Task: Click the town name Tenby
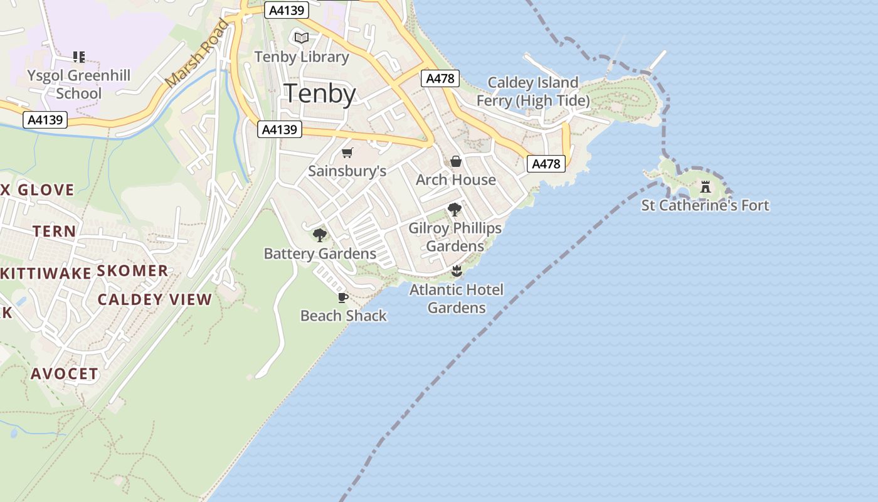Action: (320, 93)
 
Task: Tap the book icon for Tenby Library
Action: (302, 38)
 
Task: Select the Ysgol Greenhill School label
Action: (78, 85)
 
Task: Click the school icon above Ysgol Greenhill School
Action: (78, 57)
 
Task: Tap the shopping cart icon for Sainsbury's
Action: (347, 152)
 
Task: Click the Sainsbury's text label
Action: (347, 171)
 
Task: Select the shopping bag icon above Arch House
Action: (456, 161)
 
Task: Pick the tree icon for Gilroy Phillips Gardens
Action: (455, 210)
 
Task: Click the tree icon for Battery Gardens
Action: (320, 235)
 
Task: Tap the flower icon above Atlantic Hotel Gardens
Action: (457, 271)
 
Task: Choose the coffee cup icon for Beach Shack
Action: (342, 297)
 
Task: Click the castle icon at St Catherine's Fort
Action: (706, 186)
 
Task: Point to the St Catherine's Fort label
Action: (705, 205)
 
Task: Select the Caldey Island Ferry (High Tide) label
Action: (532, 92)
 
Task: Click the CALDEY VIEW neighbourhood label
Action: (155, 299)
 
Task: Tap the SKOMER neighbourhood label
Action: (132, 271)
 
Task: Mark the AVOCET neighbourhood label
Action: (65, 374)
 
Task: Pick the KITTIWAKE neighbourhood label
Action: (46, 273)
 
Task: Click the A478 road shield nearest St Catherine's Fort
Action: (546, 164)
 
